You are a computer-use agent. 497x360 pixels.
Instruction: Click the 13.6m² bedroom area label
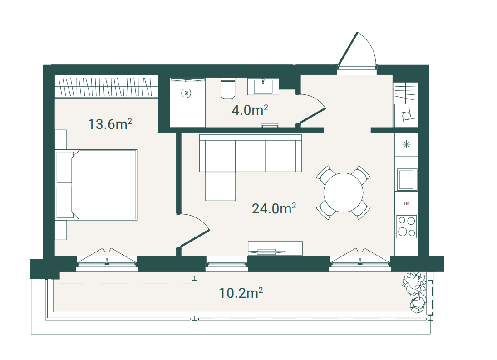coord(110,124)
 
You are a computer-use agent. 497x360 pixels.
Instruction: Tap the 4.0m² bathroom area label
coord(250,110)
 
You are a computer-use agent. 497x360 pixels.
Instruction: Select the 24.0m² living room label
coord(274,208)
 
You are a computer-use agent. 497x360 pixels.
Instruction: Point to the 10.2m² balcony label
coord(241,293)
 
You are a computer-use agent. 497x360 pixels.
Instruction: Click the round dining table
coord(343,192)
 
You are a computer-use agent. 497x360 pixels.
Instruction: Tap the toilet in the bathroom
coord(227,88)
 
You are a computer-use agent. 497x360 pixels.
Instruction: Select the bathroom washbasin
coord(263,86)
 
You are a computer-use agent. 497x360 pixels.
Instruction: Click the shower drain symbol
coord(186,93)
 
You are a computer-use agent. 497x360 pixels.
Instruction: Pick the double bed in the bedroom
coord(96,185)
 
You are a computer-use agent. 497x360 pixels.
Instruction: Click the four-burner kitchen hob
coord(406,227)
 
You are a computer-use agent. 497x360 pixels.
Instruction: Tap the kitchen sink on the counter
coord(406,179)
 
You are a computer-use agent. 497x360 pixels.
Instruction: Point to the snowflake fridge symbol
coord(406,144)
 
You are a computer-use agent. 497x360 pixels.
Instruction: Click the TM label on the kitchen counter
coord(406,203)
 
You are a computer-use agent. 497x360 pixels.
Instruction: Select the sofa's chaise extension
coord(220,186)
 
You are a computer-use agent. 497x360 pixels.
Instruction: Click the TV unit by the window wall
coord(275,248)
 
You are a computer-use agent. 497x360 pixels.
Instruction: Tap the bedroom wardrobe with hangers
coord(106,87)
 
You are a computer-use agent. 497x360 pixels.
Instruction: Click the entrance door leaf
coord(347,49)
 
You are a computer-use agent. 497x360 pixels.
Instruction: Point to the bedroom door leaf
coord(194,238)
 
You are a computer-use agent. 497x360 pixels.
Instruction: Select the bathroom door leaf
coord(312,116)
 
